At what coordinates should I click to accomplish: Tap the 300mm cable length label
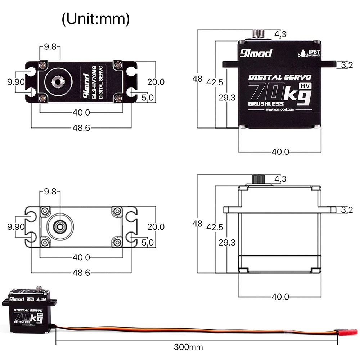tap(188, 347)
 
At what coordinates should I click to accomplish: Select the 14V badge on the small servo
tap(30, 299)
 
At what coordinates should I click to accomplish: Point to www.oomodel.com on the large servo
tap(280, 109)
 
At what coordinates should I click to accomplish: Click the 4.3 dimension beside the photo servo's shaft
tap(280, 34)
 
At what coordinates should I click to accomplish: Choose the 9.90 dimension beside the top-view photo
tap(16, 82)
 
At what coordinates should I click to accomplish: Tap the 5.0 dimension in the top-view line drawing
tap(148, 242)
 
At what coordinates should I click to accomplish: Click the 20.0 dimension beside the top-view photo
tap(156, 82)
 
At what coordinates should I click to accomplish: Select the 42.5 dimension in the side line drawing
tap(215, 227)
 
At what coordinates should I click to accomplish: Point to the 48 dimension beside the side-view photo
tap(197, 78)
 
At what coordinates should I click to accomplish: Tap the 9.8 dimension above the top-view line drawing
tap(50, 192)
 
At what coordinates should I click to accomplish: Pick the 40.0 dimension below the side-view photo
tap(280, 152)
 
